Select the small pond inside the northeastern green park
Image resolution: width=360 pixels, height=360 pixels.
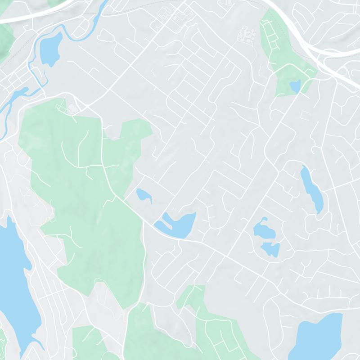pyautogui.click(x=295, y=85)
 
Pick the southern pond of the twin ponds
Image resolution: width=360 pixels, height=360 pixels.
pyautogui.click(x=271, y=248)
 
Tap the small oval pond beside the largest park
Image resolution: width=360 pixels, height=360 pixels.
pyautogui.click(x=143, y=195)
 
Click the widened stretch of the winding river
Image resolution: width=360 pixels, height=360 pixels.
pyautogui.click(x=13, y=97)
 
